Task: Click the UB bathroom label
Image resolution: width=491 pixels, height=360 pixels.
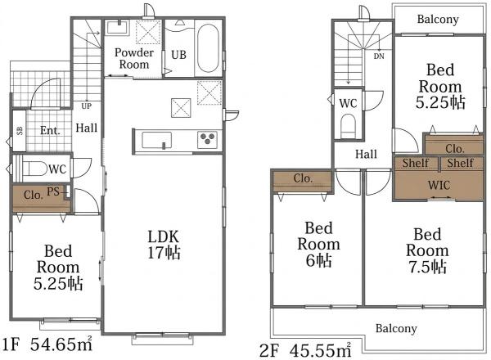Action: [x=178, y=55]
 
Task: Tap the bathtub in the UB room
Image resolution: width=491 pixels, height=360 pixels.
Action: [x=208, y=48]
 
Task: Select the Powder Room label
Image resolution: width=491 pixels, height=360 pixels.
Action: [x=134, y=58]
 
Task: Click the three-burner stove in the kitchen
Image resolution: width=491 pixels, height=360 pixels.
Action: [x=208, y=138]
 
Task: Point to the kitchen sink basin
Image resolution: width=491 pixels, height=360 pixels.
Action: [x=156, y=140]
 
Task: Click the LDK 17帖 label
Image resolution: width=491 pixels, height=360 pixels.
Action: [x=164, y=245]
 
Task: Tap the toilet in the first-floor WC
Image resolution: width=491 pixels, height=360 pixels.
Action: [x=34, y=169]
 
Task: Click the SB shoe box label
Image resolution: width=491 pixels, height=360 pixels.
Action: [x=20, y=131]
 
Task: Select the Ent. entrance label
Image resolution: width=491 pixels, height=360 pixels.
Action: [x=50, y=130]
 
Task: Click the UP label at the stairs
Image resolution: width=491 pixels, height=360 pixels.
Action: [x=87, y=106]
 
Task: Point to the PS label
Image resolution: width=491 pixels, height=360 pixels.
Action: [x=53, y=191]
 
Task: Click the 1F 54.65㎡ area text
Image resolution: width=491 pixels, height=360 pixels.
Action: [x=47, y=344]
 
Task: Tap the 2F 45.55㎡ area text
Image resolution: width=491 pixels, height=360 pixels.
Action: [x=305, y=350]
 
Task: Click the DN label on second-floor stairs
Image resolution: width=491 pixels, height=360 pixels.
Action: [x=379, y=56]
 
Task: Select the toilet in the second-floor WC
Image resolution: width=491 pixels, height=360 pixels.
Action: [x=349, y=126]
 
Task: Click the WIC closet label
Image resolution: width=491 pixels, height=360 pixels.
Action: [x=439, y=185]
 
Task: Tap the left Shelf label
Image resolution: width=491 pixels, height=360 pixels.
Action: [x=415, y=163]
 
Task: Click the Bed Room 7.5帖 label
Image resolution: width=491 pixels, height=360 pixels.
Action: [x=427, y=250]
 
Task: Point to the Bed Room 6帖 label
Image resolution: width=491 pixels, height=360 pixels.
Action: [x=319, y=245]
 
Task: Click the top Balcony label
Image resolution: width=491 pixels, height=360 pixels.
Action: [x=438, y=19]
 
